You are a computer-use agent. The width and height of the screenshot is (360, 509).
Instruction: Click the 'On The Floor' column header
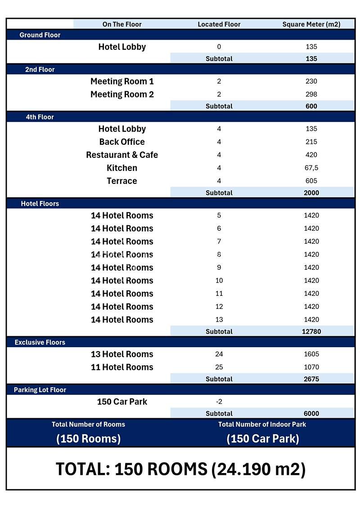[x=122, y=24]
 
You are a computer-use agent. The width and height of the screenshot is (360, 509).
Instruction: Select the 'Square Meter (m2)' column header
[x=311, y=24]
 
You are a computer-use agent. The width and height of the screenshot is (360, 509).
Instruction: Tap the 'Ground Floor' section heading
[x=40, y=35]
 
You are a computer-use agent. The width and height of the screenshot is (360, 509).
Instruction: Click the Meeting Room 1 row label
[x=122, y=81]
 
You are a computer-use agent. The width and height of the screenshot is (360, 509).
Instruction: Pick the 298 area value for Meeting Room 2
[x=311, y=94]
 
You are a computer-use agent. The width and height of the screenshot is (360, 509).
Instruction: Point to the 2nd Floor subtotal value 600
[x=311, y=107]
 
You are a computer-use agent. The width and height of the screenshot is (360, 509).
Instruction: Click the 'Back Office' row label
[x=122, y=142]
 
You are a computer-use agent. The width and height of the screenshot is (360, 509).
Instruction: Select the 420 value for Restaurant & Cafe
[x=311, y=155]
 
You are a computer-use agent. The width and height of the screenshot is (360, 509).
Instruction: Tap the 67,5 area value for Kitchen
[x=311, y=168]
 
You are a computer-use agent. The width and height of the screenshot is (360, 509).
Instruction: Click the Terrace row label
[x=122, y=181]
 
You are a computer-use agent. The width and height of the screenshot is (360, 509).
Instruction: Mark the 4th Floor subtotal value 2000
[x=311, y=193]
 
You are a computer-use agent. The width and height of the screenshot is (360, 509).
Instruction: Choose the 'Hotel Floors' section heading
[x=40, y=204]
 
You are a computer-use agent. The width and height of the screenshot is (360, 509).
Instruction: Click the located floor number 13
[x=219, y=320]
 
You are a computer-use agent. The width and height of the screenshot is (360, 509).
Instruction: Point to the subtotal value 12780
[x=311, y=332]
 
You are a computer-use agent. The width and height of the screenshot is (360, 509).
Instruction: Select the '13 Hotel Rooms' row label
[x=122, y=354]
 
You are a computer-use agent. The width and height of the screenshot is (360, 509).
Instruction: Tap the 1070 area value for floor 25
[x=311, y=367]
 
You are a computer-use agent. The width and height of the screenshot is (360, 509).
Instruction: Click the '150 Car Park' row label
[x=122, y=402]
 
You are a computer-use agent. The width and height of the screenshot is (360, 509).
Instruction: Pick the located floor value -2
[x=219, y=402]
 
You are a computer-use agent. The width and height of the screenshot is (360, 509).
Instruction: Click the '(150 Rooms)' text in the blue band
[x=89, y=439]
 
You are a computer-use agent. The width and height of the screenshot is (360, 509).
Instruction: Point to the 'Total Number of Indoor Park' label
[x=262, y=424]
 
